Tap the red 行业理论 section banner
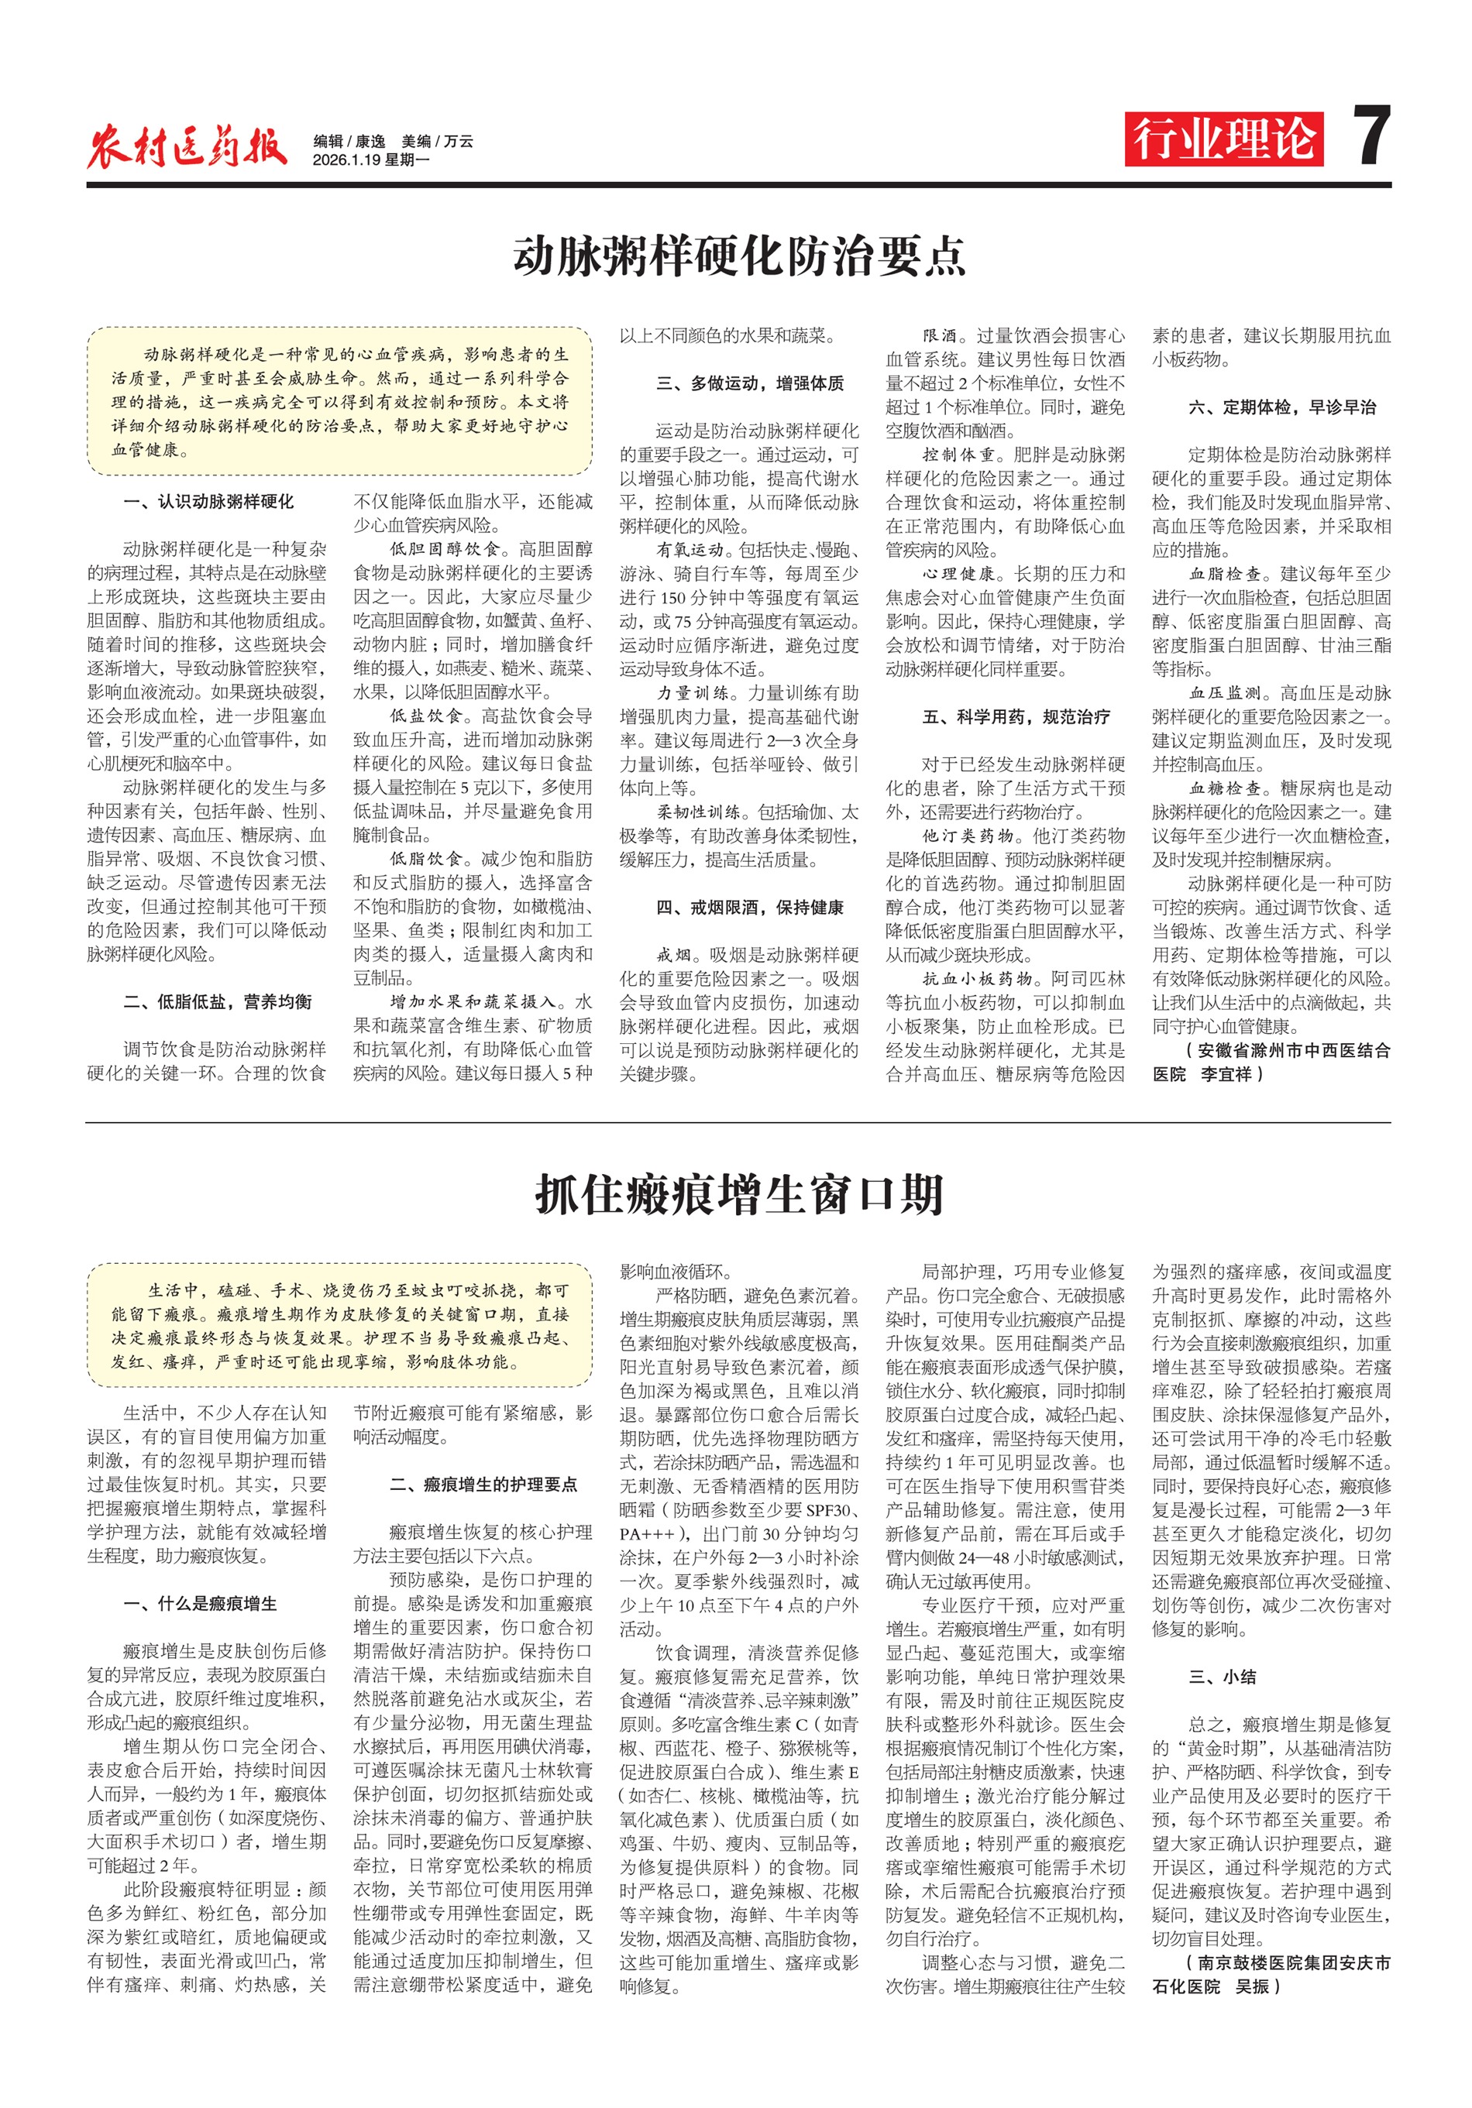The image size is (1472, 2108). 1223,139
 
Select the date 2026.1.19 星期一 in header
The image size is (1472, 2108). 370,160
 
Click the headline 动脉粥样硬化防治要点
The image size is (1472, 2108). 738,256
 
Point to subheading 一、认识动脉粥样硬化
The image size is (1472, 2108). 208,501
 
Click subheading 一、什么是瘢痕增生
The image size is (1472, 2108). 200,1603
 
